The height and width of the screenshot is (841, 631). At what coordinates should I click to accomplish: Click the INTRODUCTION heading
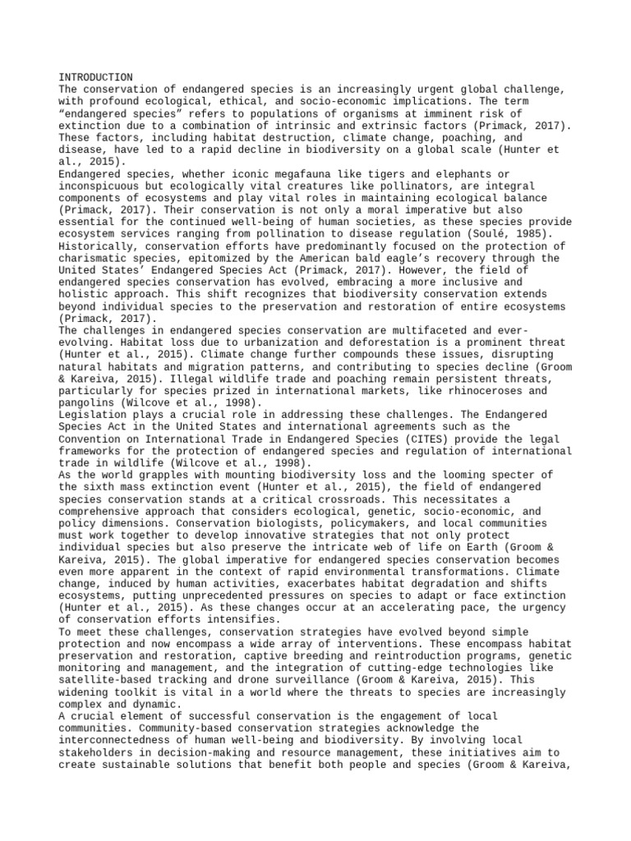(96, 76)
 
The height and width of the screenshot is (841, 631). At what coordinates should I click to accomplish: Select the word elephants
(467, 175)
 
